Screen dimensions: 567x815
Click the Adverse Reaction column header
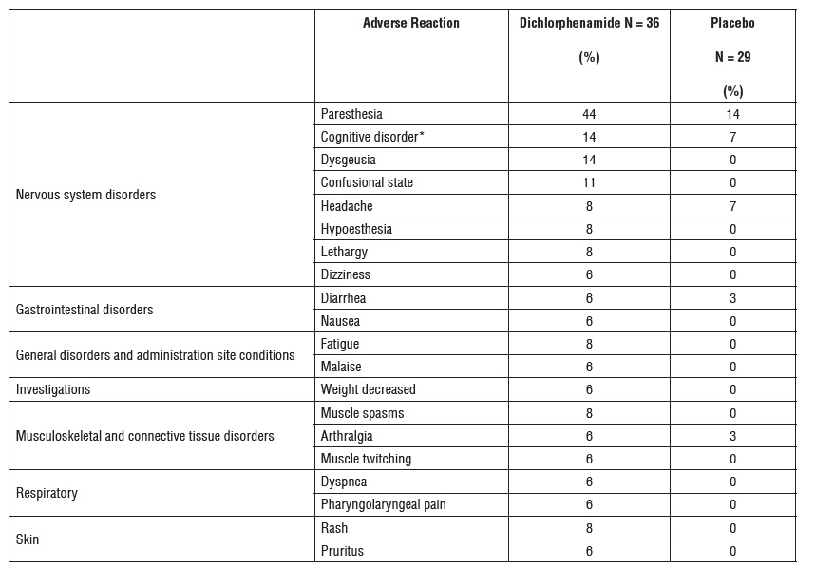coord(410,23)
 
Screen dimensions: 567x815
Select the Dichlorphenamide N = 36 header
coord(589,23)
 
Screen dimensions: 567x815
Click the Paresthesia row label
coord(351,114)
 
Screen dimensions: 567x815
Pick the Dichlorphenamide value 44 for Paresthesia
coord(589,114)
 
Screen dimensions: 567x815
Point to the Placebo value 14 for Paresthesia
coord(731,114)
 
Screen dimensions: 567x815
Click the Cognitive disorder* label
coord(372,137)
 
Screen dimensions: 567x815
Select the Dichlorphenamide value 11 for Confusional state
coord(589,182)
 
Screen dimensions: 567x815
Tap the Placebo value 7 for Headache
coord(731,206)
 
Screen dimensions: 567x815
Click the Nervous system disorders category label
coord(86,195)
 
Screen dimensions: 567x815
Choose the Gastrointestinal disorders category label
coord(85,310)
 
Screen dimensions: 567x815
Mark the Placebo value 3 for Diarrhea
coord(731,298)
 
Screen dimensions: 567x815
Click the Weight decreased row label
coord(368,389)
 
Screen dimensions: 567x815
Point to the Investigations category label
coord(53,389)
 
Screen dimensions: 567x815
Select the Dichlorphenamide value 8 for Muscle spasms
coord(589,413)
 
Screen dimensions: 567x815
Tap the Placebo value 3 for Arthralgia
coord(731,436)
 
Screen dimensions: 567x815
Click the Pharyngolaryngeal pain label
coord(383,504)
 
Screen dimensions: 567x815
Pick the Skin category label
coord(28,539)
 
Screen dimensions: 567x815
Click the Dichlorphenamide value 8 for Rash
coord(589,528)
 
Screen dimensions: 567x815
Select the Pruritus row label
coord(342,551)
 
